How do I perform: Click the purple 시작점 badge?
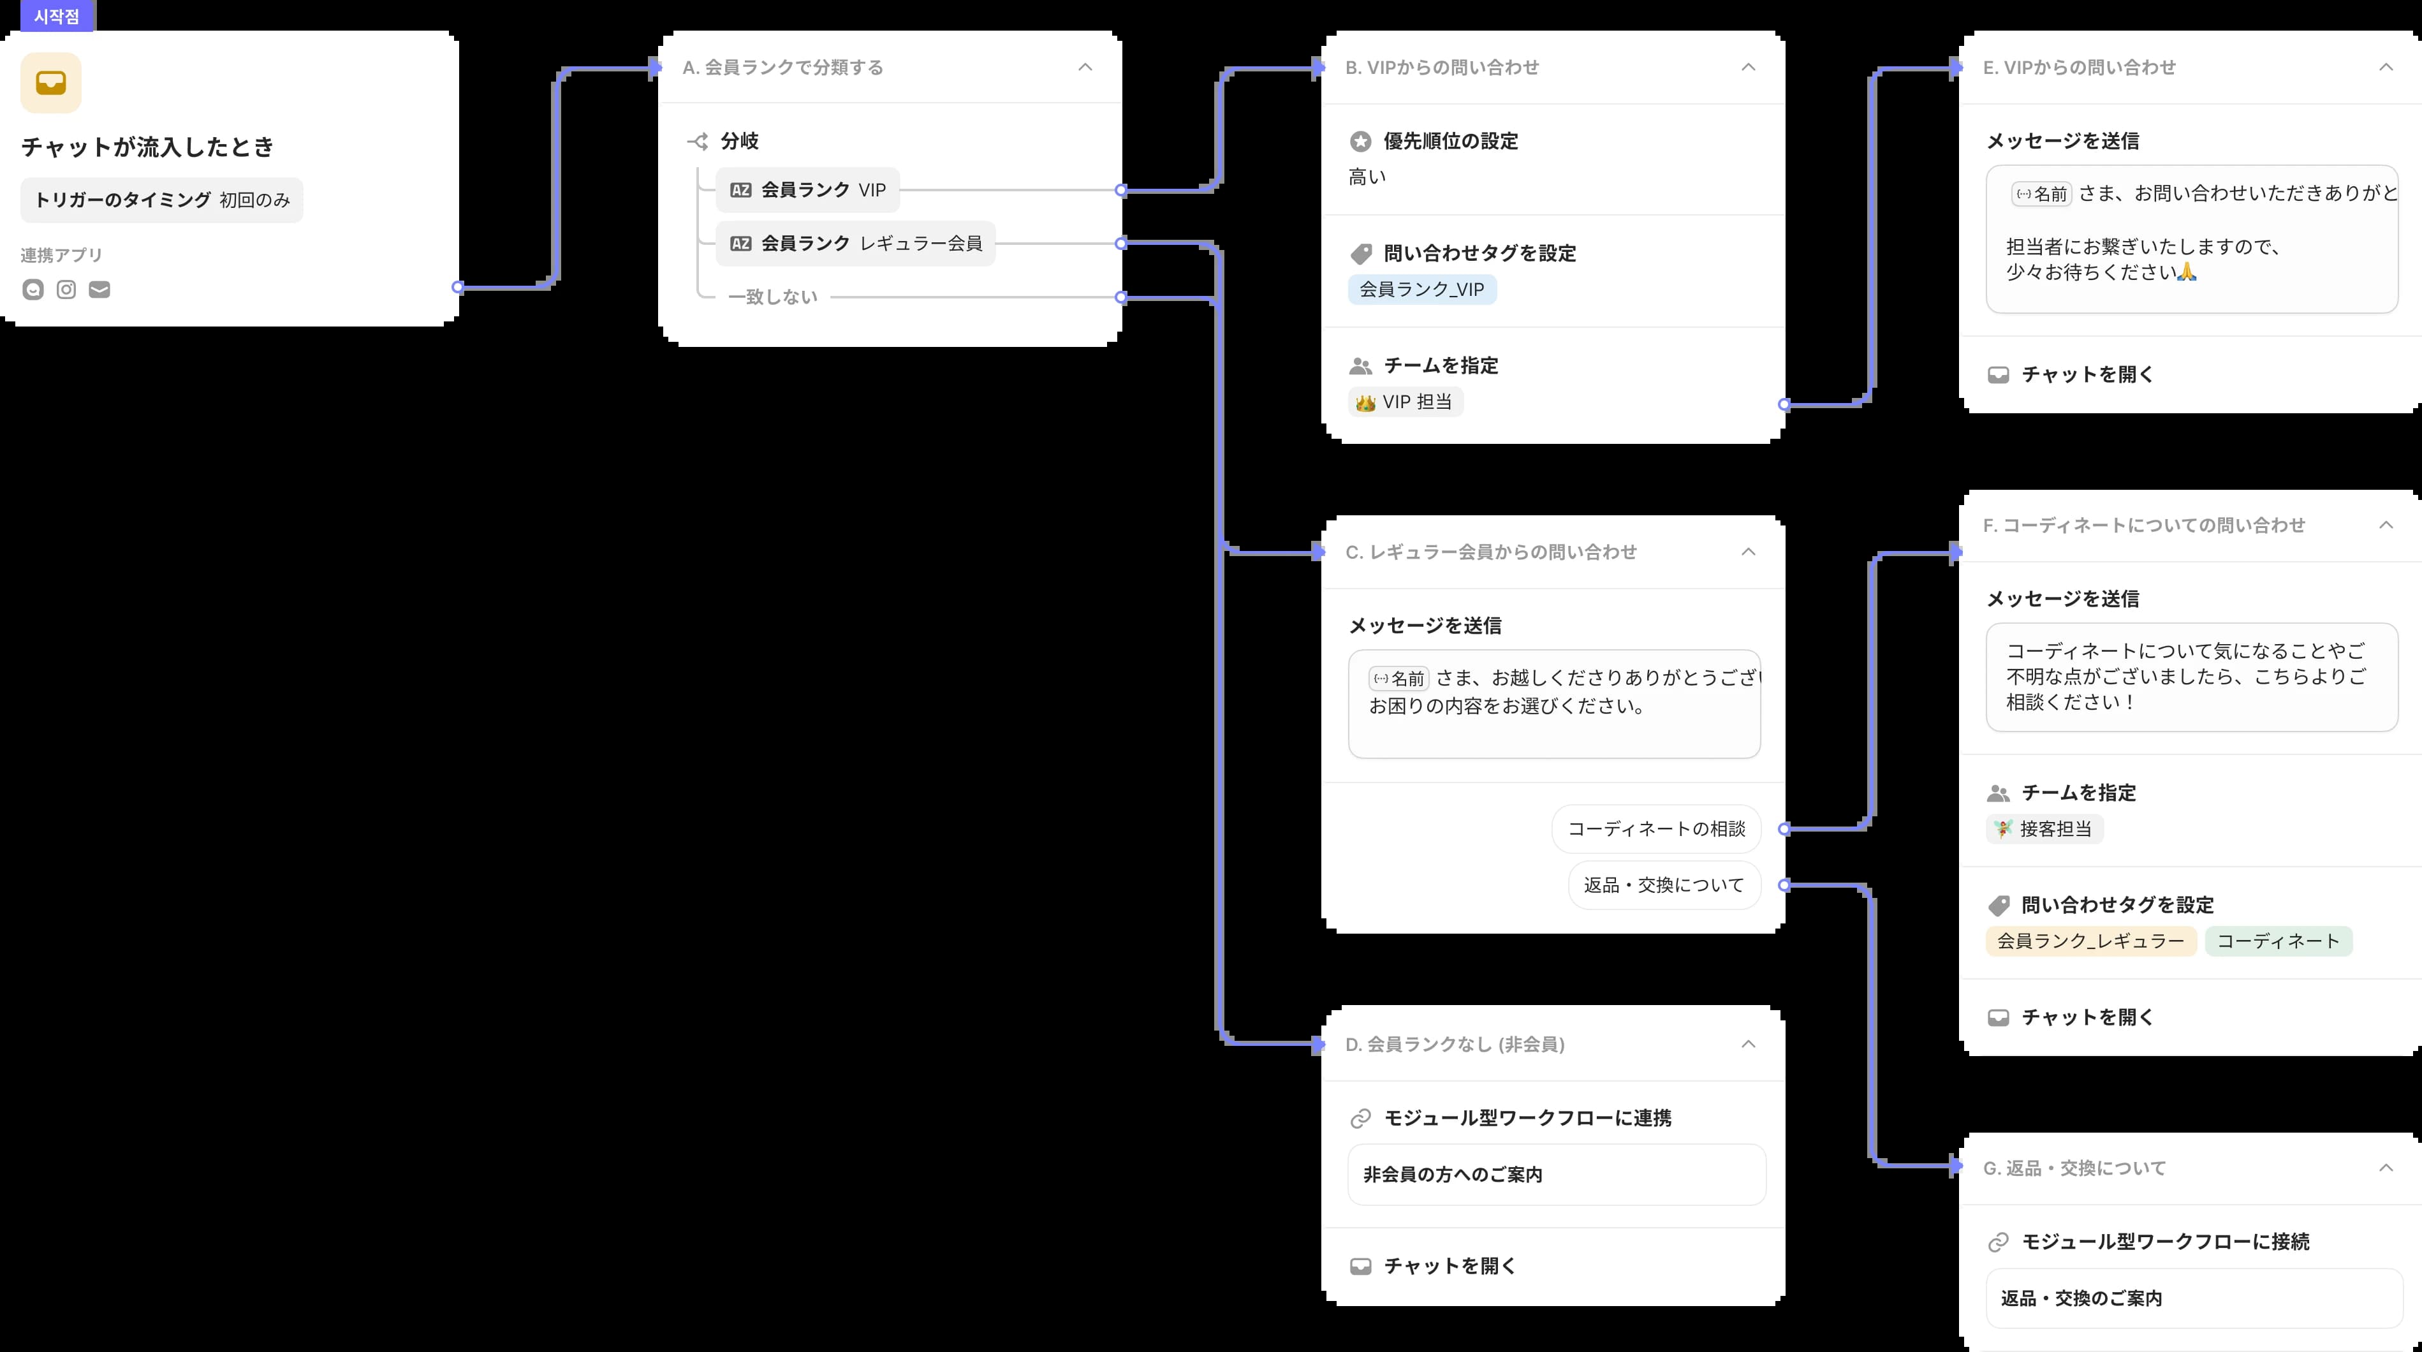56,16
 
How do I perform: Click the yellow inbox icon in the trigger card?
51,83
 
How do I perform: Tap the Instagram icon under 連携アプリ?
66,290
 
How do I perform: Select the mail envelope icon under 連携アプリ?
99,290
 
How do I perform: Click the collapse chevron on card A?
1085,67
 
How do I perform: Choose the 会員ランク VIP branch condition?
807,190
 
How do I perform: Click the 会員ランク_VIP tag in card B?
1421,290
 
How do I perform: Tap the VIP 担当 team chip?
1405,402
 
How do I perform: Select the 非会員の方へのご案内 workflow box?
1556,1174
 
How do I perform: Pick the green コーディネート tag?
2277,941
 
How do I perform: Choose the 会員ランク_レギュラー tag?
2090,941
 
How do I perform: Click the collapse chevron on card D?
1748,1043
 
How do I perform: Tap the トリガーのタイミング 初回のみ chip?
162,200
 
